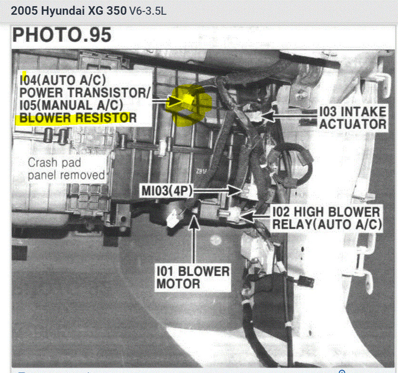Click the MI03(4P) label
point(166,191)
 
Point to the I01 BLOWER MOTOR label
point(192,278)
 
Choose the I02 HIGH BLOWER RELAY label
point(327,218)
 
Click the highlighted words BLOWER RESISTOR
point(76,117)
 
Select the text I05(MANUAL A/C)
point(71,104)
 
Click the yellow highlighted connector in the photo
point(188,101)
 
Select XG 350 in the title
point(107,10)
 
